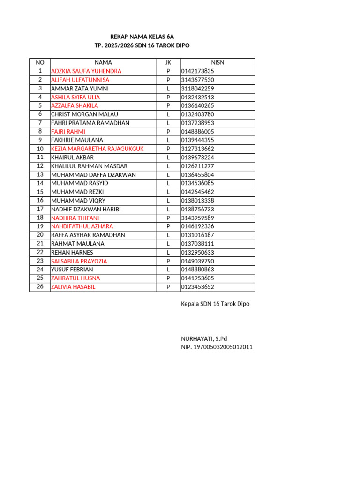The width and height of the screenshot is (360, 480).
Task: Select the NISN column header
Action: (x=217, y=62)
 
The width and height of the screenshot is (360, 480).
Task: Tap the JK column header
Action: (x=168, y=62)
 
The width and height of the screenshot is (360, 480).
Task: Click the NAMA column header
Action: (x=103, y=62)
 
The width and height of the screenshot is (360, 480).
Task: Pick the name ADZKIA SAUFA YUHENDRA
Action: (x=86, y=71)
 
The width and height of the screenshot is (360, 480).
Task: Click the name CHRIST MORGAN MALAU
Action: (x=84, y=114)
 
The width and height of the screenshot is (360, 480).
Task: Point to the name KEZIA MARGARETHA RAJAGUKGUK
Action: (x=97, y=149)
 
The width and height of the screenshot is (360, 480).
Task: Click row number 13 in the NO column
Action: (x=40, y=174)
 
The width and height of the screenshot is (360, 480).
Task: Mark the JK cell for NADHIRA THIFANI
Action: (x=168, y=218)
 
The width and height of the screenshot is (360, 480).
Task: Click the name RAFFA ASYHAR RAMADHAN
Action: (x=88, y=235)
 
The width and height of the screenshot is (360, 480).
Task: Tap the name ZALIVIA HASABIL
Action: (x=73, y=287)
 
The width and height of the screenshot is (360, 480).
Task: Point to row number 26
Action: (x=40, y=286)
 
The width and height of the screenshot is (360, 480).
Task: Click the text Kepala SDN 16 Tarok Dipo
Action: (x=215, y=304)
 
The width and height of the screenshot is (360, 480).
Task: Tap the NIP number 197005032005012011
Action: (x=217, y=347)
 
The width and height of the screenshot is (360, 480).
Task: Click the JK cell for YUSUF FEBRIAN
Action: (x=168, y=270)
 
